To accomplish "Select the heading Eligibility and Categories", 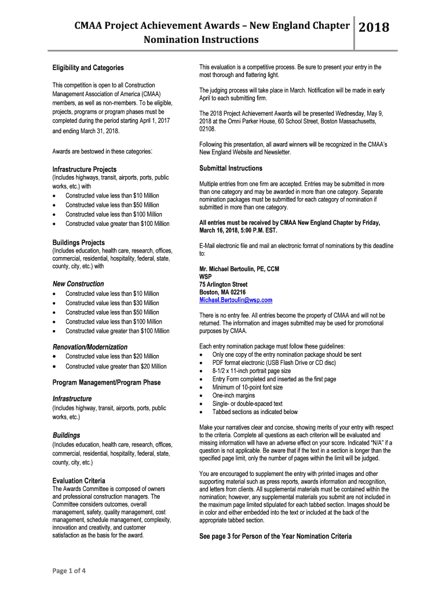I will point(88,68).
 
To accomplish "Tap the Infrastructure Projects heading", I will point(85,169).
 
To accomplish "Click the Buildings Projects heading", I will point(79,243).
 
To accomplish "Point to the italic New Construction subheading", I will point(78,284).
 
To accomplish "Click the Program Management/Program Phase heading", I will point(107,382).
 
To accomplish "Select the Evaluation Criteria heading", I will point(79,481).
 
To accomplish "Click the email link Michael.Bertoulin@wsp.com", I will point(236,301).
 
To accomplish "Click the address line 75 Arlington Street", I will point(223,284).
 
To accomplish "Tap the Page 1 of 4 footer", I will point(69,570).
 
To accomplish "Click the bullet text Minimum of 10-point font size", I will point(247,387).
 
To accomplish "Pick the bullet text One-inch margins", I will point(233,396).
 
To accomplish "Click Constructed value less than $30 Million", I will point(112,303).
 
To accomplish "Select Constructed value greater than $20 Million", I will point(116,366).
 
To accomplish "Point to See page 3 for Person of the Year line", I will point(275,536).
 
